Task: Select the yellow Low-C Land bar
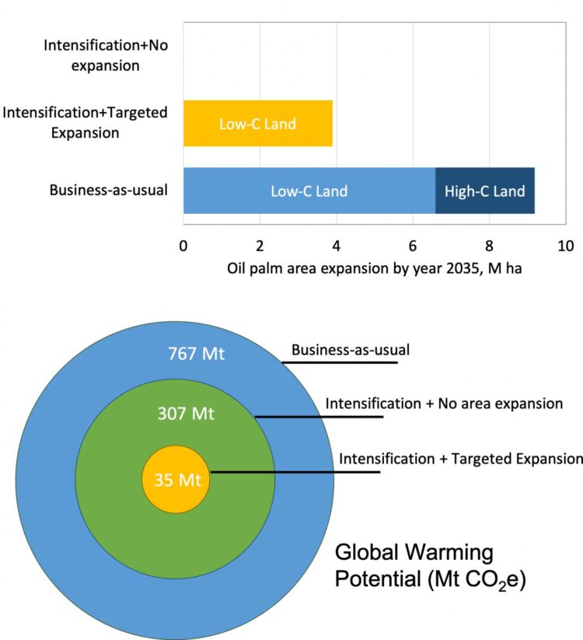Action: coord(257,124)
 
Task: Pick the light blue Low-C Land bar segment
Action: coord(309,191)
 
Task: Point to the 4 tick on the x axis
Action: coord(337,247)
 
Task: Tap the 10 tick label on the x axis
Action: coord(565,247)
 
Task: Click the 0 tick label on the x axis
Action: coord(183,247)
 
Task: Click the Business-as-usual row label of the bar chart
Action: coord(109,190)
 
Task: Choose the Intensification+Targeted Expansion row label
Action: coord(86,122)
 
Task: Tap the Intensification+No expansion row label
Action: coord(106,55)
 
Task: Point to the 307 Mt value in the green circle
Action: coord(187,414)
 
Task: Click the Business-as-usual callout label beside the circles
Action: coord(351,349)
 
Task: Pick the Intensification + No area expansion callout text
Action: coord(443,404)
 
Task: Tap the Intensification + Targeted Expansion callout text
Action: coord(460,458)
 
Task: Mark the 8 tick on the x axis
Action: coord(489,247)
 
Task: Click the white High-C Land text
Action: coord(484,191)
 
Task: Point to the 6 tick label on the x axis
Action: coord(413,247)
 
